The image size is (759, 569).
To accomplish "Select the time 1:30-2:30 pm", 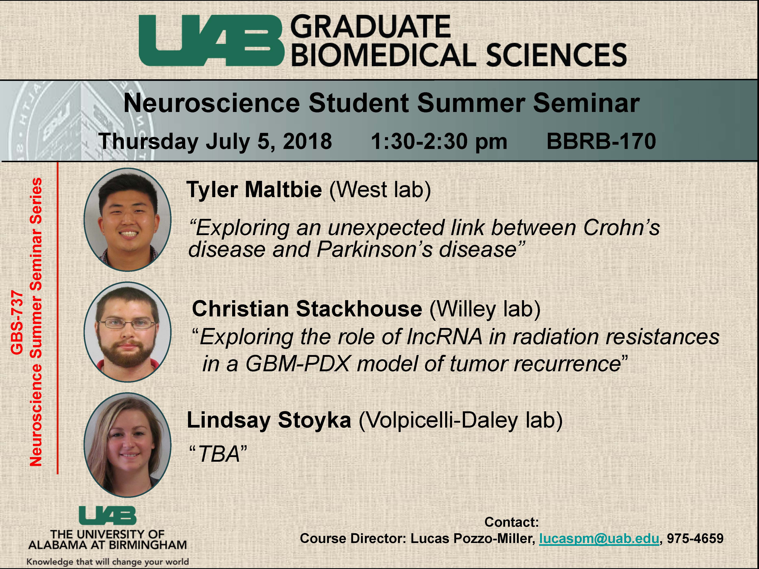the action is click(439, 141).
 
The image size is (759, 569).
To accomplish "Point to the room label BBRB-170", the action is click(601, 141).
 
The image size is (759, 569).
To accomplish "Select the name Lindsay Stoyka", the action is click(269, 420).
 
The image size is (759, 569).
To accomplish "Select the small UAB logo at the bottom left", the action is click(107, 516).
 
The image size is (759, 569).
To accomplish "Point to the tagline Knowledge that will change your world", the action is click(108, 561).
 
